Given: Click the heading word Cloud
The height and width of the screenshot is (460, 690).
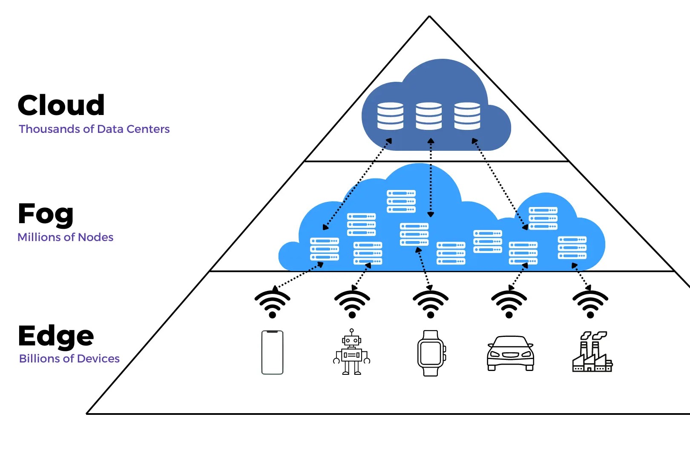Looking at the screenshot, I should click(x=61, y=105).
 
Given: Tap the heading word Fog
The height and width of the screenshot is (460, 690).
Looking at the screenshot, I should click(x=46, y=214).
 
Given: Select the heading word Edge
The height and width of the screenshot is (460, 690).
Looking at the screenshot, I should click(x=56, y=336).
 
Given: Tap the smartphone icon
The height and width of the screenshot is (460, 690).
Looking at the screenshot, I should click(x=272, y=352).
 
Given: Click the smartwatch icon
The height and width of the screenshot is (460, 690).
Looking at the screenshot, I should click(x=431, y=353).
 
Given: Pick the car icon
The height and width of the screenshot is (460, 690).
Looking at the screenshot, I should click(x=510, y=353).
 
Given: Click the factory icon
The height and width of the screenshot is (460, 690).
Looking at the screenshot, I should click(x=592, y=352).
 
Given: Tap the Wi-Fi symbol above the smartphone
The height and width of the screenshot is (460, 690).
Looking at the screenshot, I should click(x=273, y=304).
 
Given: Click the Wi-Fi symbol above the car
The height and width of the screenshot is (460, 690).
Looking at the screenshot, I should click(x=509, y=304).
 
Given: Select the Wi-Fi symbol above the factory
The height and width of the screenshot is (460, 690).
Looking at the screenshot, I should click(x=590, y=304).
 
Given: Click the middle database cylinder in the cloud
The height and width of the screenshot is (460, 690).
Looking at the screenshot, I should click(x=429, y=116).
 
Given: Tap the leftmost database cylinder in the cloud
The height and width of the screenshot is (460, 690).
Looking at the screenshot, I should click(x=390, y=116).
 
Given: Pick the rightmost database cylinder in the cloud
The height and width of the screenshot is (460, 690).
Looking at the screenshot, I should click(x=467, y=116).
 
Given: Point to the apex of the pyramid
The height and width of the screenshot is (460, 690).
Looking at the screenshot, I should click(x=429, y=17).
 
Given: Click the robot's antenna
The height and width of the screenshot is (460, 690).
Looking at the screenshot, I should click(x=351, y=331).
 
